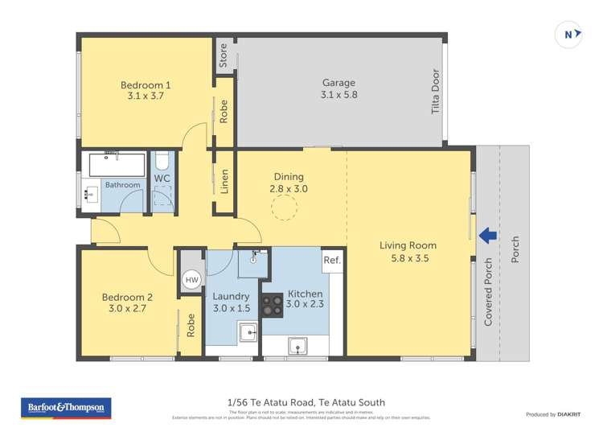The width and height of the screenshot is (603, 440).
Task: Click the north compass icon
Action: coord(569,35)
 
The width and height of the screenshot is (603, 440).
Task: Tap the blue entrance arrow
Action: coord(486,236)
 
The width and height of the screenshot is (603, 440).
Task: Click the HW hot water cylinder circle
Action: coord(191,280)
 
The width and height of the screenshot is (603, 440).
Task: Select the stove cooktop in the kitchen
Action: coord(273,305)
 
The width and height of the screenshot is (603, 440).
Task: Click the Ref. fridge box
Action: coord(332,261)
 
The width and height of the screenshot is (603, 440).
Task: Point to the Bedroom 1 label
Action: coord(146,84)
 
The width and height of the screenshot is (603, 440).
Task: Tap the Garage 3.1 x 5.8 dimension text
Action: coord(338,95)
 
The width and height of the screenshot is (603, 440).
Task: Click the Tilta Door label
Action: coord(435,93)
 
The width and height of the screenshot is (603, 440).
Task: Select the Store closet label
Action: coord(224,56)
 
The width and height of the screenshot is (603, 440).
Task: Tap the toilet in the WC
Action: coord(162,160)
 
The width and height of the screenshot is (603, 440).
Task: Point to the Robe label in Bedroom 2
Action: coord(191,323)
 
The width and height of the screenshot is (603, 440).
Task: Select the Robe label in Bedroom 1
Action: coord(224,110)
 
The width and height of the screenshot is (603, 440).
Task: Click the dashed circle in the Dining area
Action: coord(283,208)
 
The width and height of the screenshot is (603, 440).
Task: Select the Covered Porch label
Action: coord(488,291)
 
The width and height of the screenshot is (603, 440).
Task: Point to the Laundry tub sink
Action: coord(248,331)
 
